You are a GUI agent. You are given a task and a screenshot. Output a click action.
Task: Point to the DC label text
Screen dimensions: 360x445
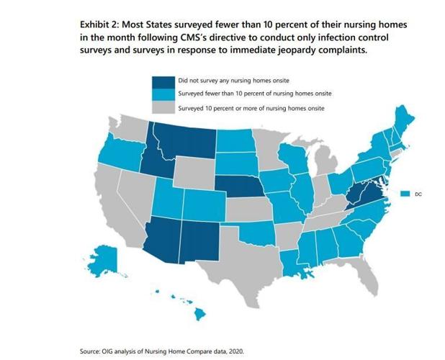[x=418, y=193]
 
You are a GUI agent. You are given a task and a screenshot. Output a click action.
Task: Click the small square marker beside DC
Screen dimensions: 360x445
[x=406, y=193]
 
